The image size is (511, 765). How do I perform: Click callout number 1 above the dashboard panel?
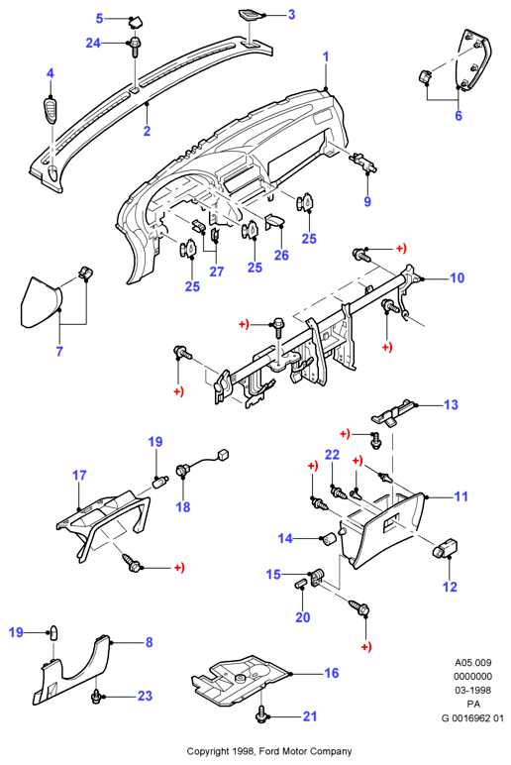coord(326,56)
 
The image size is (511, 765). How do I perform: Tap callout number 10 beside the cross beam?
coord(457,278)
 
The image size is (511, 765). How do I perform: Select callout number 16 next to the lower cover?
coord(332,673)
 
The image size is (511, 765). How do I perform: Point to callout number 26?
coord(281,255)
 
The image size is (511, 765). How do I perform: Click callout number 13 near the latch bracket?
coord(451,404)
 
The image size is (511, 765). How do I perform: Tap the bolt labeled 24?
coord(135,48)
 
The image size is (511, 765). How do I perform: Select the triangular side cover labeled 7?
coord(40,302)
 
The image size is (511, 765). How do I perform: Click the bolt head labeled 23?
coord(96,697)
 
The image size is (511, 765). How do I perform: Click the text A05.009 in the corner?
coord(473,663)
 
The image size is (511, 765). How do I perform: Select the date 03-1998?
coord(473,691)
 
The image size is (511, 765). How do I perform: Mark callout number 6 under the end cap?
coord(459,116)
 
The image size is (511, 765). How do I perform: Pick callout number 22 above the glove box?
coord(332,455)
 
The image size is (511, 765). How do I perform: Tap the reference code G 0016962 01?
coord(472,718)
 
